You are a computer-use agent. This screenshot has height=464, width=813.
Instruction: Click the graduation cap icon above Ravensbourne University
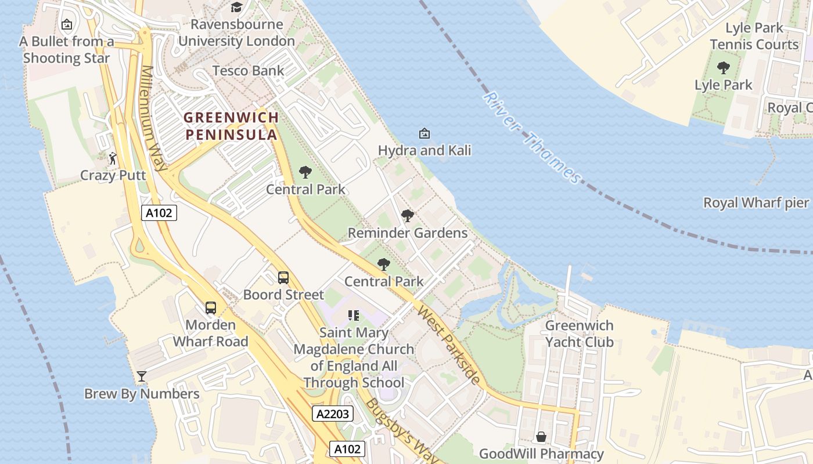[x=236, y=8]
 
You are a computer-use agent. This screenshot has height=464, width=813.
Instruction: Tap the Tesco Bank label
[x=248, y=71]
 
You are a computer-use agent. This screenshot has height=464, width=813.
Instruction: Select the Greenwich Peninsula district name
[x=231, y=126]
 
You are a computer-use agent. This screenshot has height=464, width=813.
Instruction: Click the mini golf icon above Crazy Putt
[x=113, y=158]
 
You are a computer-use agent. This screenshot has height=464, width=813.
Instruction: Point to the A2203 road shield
[x=333, y=414]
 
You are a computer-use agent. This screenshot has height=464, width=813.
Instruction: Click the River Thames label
[x=531, y=138]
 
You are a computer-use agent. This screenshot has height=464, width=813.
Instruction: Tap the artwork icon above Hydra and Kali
[x=425, y=133]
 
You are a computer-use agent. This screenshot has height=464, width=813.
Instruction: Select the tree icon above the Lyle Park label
[x=723, y=68]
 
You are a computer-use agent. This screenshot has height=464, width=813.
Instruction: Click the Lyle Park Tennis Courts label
[x=754, y=36]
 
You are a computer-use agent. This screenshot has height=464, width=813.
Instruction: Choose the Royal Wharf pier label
[x=756, y=202]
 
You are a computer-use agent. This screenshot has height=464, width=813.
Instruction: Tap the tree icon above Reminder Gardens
[x=408, y=216]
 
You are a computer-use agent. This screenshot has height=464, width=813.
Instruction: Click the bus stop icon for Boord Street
[x=283, y=277]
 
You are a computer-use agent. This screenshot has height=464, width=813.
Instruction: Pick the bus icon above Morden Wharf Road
[x=211, y=308]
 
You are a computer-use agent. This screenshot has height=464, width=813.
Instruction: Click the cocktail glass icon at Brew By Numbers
[x=141, y=376]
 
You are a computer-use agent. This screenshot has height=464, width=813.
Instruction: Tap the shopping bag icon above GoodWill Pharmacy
[x=541, y=437]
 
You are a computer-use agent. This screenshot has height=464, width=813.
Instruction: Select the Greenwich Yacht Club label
[x=579, y=333]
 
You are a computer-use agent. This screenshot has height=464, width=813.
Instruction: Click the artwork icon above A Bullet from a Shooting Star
[x=67, y=24]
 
